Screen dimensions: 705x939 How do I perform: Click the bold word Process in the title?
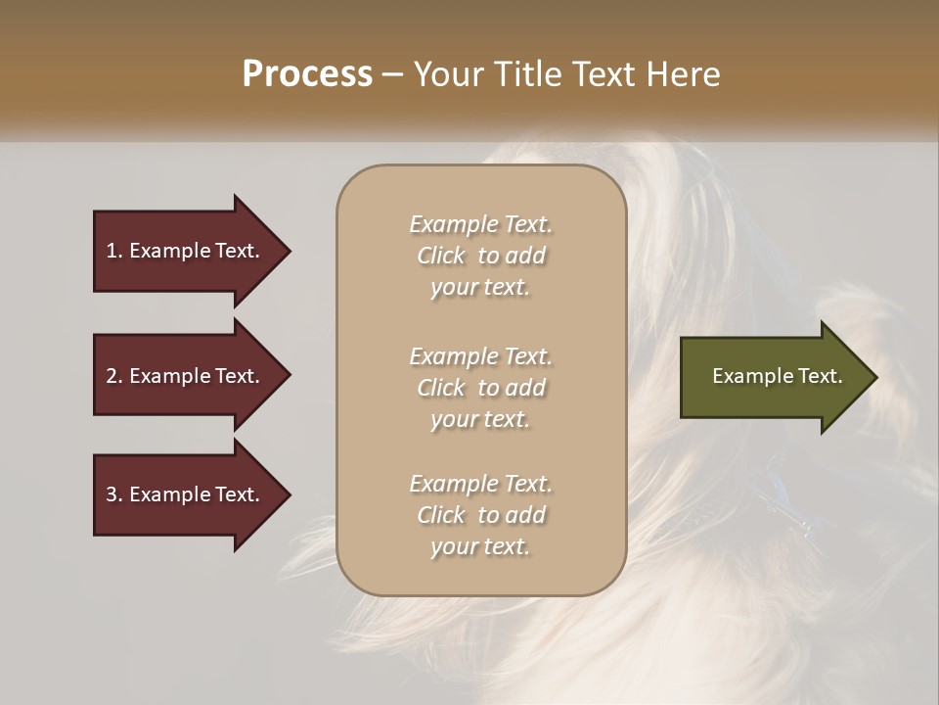(x=307, y=74)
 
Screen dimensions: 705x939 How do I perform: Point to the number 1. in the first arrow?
(x=114, y=251)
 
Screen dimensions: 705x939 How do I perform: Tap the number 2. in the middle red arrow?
(x=114, y=376)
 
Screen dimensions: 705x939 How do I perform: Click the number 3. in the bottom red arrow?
(x=114, y=494)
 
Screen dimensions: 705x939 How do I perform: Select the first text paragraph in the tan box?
(x=481, y=256)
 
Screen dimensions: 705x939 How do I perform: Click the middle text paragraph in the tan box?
(x=481, y=388)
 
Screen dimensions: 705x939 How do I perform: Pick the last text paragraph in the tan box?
(x=481, y=515)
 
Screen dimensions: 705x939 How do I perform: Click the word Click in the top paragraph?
(x=441, y=256)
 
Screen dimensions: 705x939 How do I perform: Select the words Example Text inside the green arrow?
(x=778, y=376)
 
